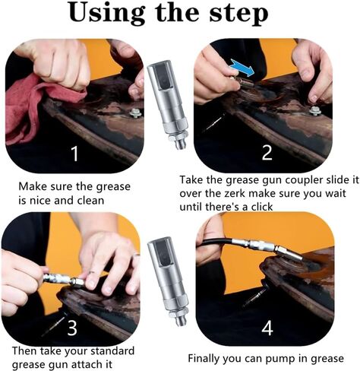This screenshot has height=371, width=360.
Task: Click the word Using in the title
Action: click(x=107, y=14)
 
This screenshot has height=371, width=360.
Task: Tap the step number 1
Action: click(x=74, y=154)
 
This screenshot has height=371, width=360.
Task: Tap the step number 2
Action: click(x=267, y=153)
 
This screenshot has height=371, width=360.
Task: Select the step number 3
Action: click(x=72, y=328)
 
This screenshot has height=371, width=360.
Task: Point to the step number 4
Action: click(x=267, y=328)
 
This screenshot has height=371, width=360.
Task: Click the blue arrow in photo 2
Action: click(x=242, y=68)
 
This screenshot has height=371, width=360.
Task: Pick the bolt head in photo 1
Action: click(x=136, y=113)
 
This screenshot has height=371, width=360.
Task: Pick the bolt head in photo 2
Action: click(x=315, y=111)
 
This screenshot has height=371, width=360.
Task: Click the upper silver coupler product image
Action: click(x=169, y=105)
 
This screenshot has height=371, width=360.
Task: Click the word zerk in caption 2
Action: click(x=235, y=193)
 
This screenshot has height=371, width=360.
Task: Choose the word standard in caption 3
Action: click(x=112, y=351)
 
